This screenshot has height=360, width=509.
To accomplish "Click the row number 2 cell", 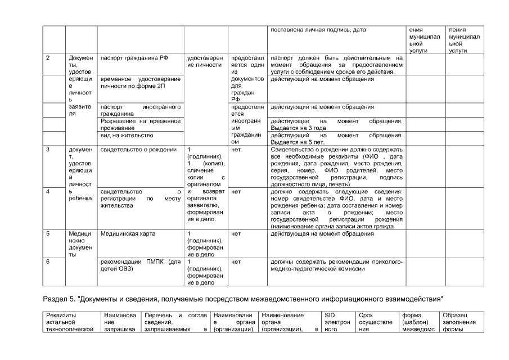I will [x=47, y=58].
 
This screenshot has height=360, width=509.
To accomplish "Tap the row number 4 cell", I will [x=47, y=192].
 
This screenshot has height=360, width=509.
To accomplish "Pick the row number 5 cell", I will [x=47, y=233].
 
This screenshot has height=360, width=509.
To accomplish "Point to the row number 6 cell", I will [x=47, y=262].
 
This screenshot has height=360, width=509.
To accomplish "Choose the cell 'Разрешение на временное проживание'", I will [x=140, y=124].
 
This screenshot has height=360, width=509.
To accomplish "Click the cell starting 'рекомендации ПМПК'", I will [x=140, y=265].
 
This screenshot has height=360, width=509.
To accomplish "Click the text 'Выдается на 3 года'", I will [x=296, y=128].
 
